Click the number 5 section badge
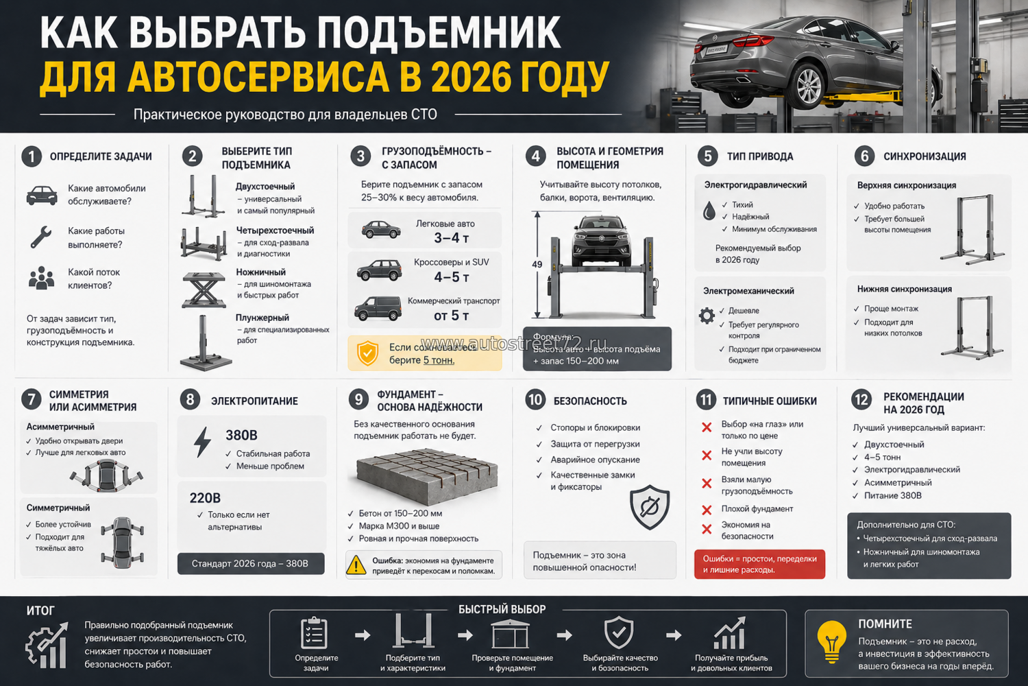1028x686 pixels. click(x=708, y=156)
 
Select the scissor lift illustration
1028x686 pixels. click(x=204, y=289)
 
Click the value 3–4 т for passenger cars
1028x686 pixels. click(x=451, y=238)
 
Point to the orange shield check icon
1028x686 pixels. click(x=368, y=353)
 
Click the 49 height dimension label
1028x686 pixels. click(x=537, y=264)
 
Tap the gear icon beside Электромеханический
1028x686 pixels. click(x=707, y=316)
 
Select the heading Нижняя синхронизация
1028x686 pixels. click(x=904, y=289)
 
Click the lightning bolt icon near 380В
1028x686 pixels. click(x=202, y=442)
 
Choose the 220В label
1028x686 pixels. click(x=205, y=498)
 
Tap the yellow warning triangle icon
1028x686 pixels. click(x=356, y=565)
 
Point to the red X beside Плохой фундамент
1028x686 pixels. click(x=707, y=510)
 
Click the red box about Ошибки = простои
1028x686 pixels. click(x=759, y=564)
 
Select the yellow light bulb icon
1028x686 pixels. click(x=831, y=639)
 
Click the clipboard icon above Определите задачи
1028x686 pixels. click(x=314, y=632)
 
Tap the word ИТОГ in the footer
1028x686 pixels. click(x=40, y=611)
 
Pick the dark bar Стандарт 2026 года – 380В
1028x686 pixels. click(x=250, y=563)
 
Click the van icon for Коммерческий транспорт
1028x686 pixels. click(x=378, y=309)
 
